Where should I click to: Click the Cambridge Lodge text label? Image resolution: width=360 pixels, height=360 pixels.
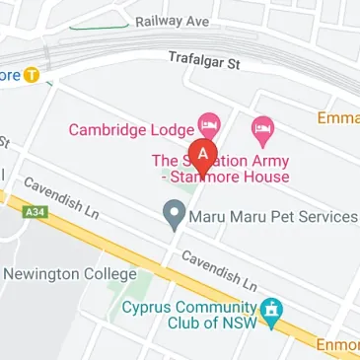pos(130,130)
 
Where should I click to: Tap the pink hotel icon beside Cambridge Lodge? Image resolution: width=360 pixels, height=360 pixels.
pos(208,124)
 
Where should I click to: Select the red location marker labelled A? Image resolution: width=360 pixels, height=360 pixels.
pos(203,155)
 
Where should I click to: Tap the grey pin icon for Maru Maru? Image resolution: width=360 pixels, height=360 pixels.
pos(175,211)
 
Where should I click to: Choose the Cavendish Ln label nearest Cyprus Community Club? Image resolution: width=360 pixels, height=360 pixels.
pos(220,271)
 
